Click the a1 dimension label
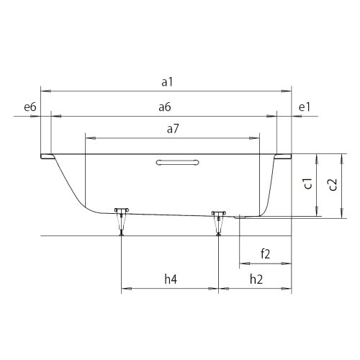point(167,82)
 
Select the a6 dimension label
point(165,107)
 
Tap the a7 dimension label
point(173,129)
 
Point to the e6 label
point(30,107)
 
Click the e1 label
point(305,107)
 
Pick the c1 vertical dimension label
point(308,184)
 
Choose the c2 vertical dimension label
point(333,184)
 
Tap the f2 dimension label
point(266,254)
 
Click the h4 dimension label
point(171,279)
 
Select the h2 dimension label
point(256,279)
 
